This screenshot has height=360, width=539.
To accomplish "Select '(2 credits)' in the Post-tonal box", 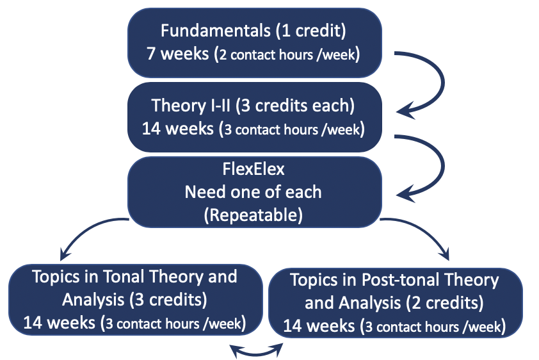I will (x=444, y=302).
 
